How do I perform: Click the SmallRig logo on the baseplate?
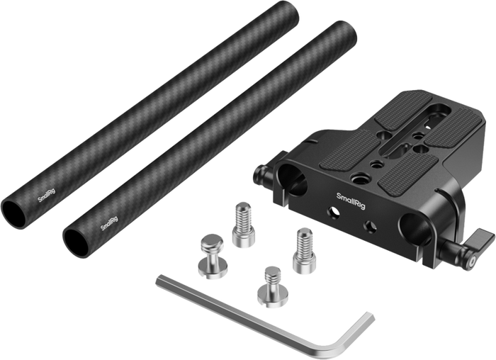(x=351, y=201)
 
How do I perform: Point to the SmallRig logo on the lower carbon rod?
(x=109, y=223)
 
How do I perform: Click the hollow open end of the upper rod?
(x=13, y=214)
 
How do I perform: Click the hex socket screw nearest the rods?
(x=244, y=225)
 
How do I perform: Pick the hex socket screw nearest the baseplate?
(x=304, y=251)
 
